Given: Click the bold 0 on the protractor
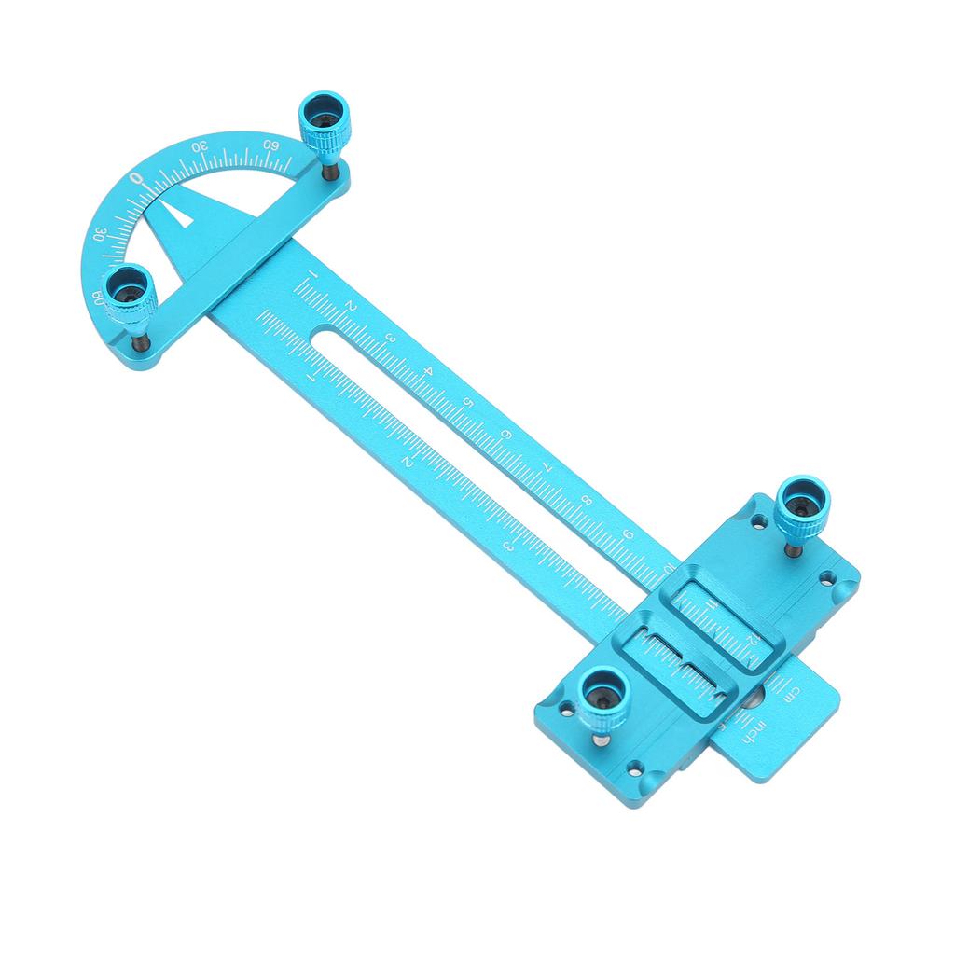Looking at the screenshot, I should tap(137, 177).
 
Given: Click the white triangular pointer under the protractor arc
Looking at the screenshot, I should tap(180, 214).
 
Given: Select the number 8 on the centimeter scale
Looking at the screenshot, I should tap(586, 500).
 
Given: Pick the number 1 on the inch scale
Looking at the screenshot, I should tap(311, 379).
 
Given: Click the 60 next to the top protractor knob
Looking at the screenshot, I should tap(271, 145).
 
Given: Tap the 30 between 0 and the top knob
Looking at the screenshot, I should tap(199, 147).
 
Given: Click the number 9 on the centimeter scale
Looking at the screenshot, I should tap(628, 534).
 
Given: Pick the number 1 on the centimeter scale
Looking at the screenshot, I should tap(311, 277).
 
